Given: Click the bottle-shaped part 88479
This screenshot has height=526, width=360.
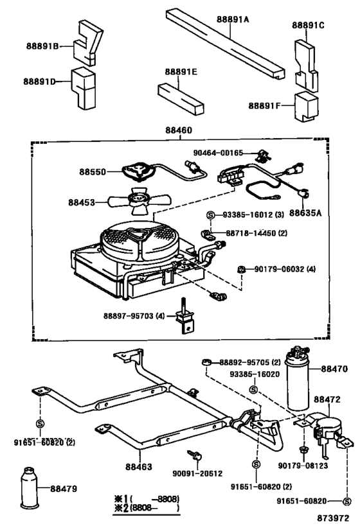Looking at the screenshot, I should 29,491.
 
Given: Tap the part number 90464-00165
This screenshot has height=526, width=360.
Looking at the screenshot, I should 219,153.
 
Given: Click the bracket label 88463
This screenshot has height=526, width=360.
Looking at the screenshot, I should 139,468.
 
